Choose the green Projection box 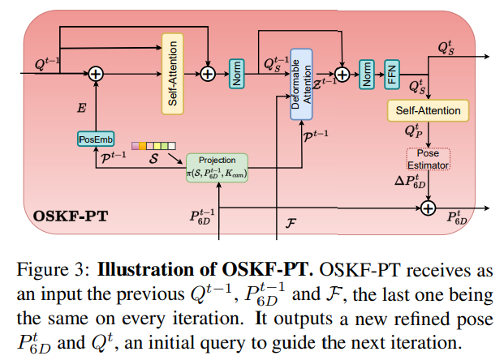coord(217,166)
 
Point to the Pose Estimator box coord(428,158)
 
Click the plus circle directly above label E coord(97,74)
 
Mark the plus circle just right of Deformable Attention coord(342,74)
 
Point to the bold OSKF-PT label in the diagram coord(67,217)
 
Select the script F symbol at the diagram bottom coord(290,219)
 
